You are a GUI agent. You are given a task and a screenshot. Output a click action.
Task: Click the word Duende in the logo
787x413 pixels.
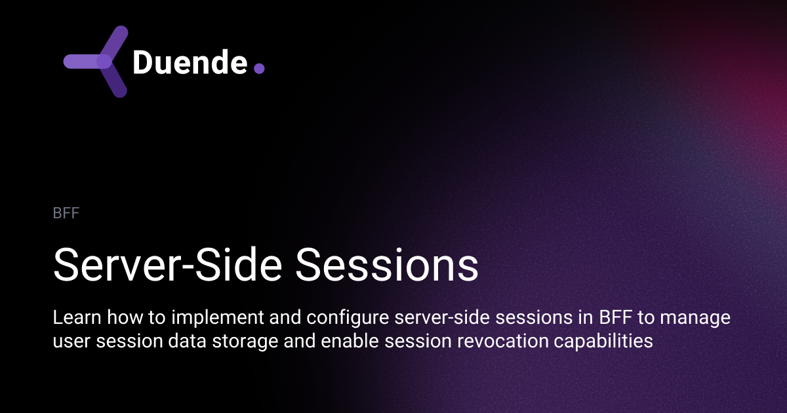click(190, 62)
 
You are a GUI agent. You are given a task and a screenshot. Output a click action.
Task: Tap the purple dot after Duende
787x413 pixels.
click(259, 68)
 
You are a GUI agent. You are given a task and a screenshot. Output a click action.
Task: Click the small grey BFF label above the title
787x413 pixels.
click(66, 214)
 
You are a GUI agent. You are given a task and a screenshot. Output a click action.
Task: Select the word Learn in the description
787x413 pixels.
click(72, 318)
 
